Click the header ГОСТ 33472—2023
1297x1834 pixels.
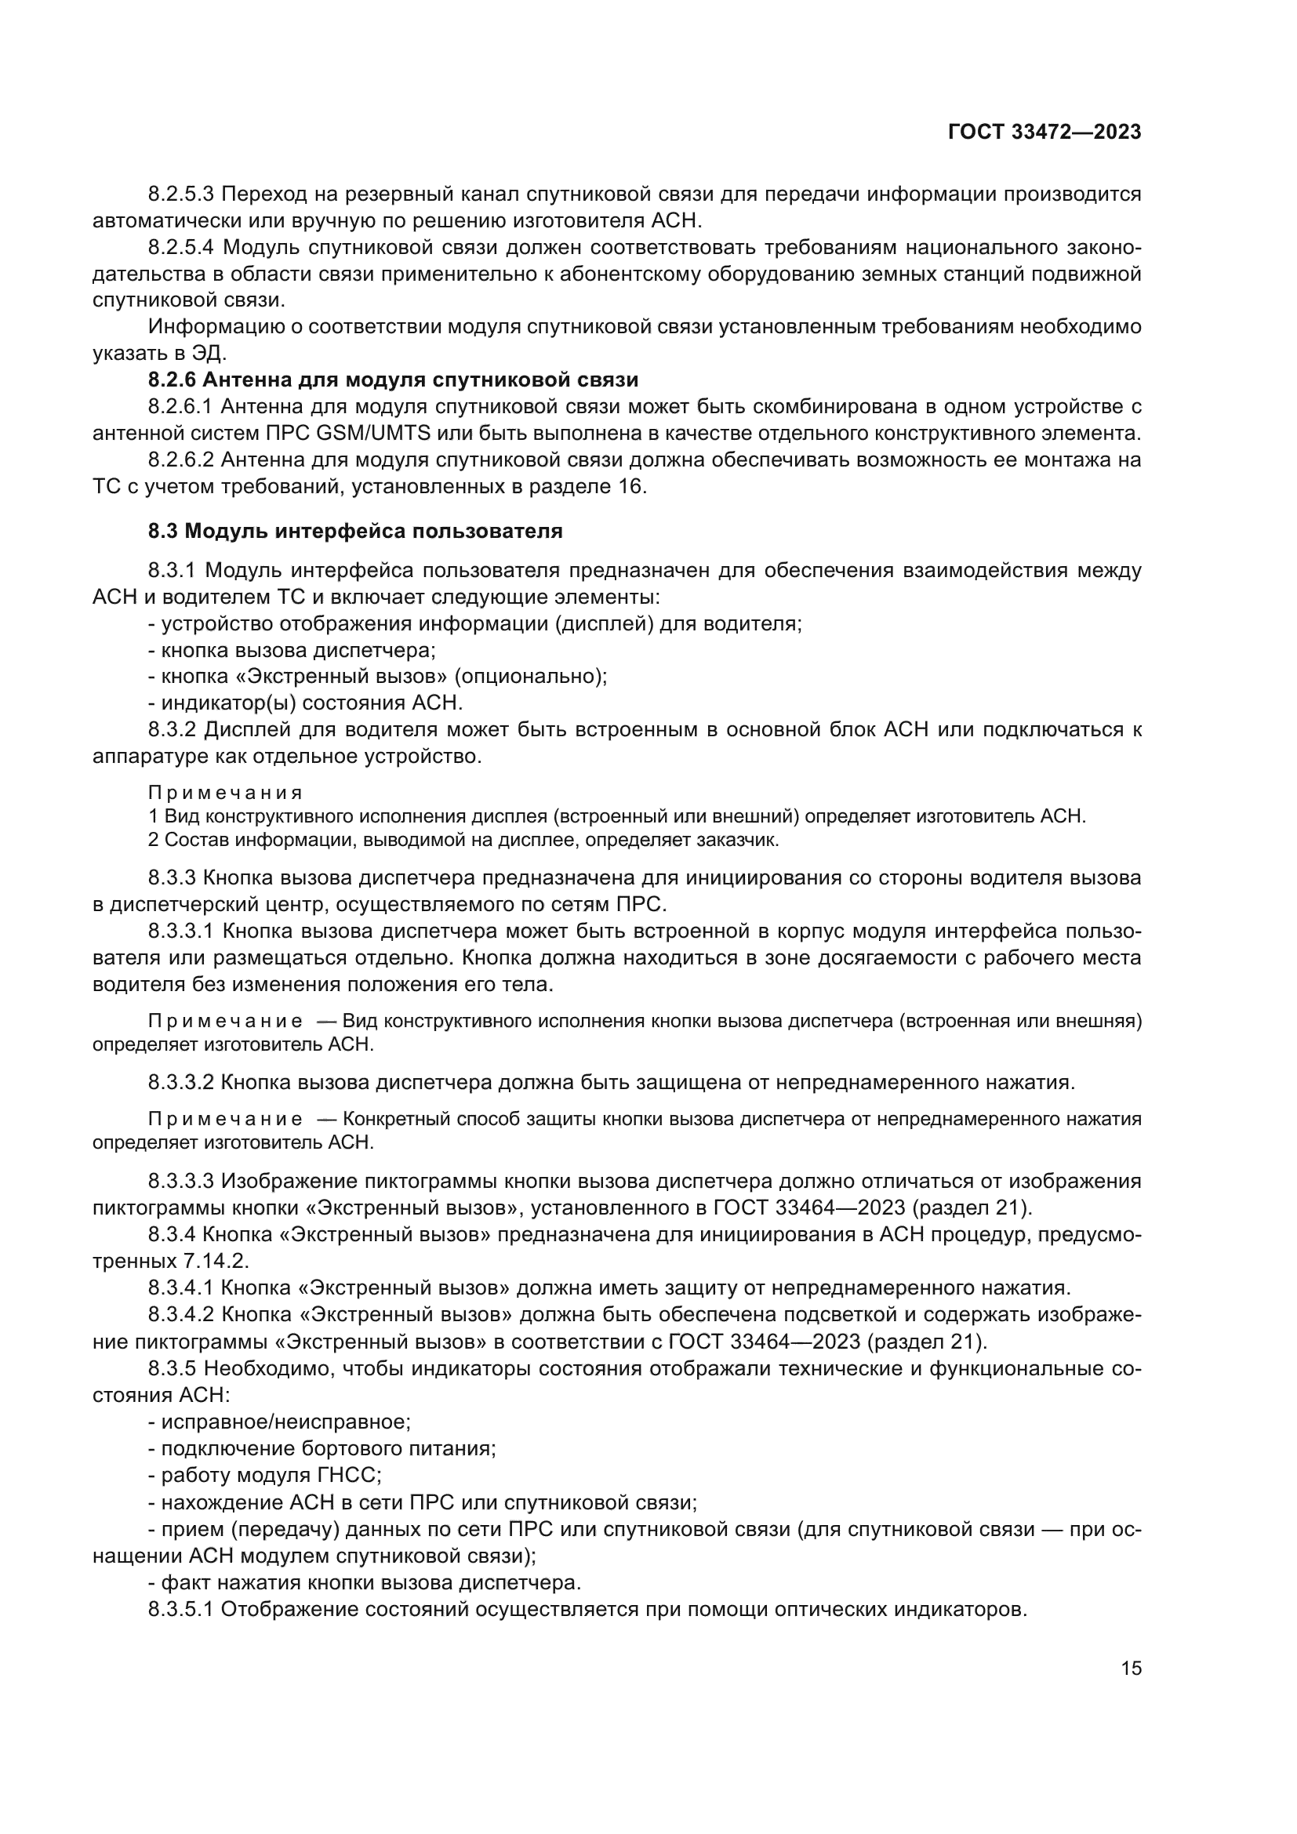click(1044, 132)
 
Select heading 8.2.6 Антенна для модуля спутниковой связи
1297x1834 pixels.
click(393, 380)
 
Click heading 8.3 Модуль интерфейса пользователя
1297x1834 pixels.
click(355, 531)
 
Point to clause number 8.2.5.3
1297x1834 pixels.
click(180, 194)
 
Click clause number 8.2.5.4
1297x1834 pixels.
click(180, 248)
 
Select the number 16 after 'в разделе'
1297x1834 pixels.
click(631, 486)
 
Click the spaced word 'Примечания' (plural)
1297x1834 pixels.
click(225, 794)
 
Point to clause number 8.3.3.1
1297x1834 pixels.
click(181, 932)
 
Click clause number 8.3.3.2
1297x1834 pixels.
click(181, 1082)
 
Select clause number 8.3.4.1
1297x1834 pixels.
click(181, 1287)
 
